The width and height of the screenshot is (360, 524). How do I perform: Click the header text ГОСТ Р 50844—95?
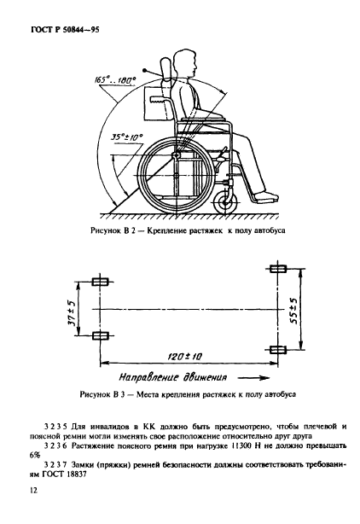[65, 30]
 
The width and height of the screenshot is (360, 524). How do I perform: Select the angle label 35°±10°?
[127, 137]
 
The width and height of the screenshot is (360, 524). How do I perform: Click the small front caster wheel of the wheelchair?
[226, 202]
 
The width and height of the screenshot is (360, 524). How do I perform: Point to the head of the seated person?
[184, 64]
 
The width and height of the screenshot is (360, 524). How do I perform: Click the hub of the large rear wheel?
[176, 155]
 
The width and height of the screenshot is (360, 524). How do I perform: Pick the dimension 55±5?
[293, 310]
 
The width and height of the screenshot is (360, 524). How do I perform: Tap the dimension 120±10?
[184, 356]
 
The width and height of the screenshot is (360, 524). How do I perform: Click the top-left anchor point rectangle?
[100, 282]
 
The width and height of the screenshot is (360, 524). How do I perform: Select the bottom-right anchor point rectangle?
[278, 350]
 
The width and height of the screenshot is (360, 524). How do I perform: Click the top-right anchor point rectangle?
[278, 268]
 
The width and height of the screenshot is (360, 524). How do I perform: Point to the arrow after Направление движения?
[254, 378]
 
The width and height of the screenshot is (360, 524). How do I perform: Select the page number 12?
[34, 490]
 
